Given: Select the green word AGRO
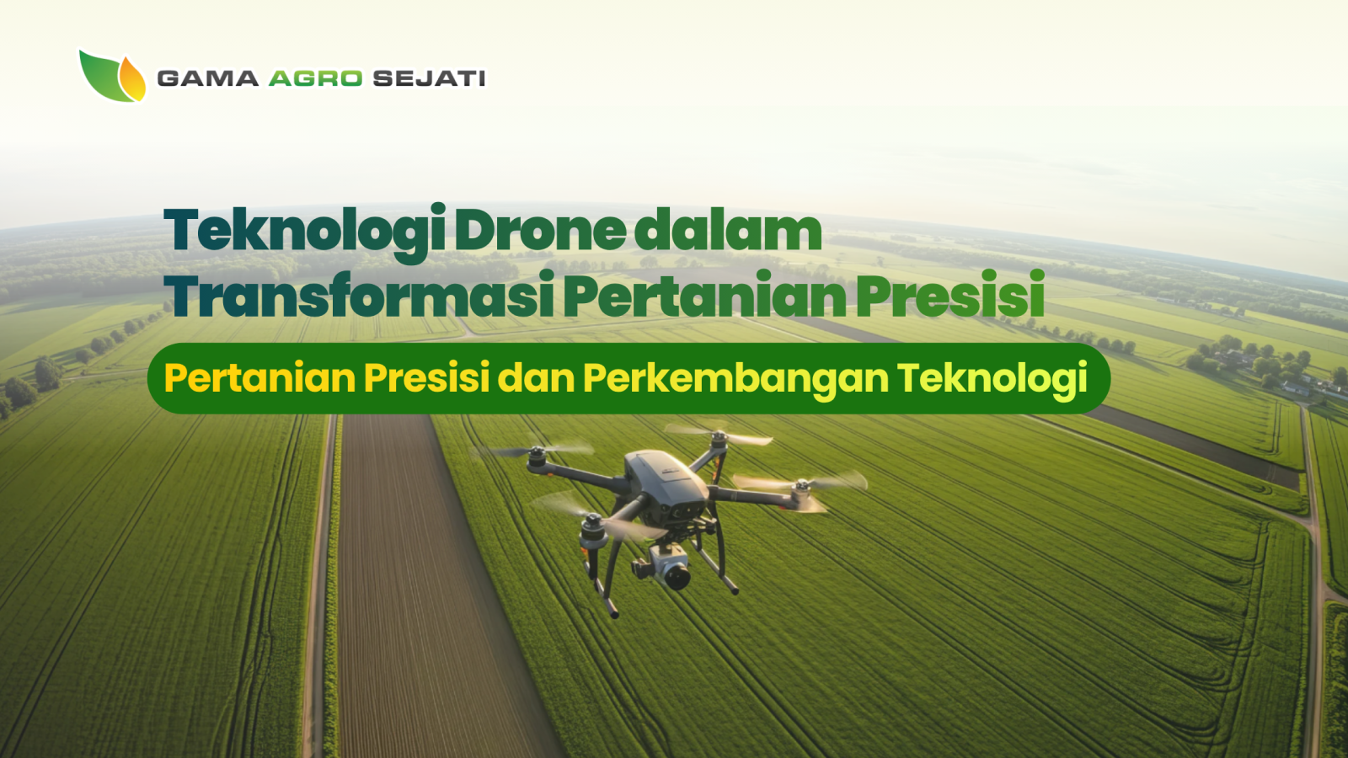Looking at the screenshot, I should (x=315, y=78).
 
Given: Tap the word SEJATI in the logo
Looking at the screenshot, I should (x=429, y=78).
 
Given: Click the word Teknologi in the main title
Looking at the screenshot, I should (x=304, y=231).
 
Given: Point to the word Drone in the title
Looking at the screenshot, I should (x=540, y=231).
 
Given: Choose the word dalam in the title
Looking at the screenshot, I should (x=728, y=231).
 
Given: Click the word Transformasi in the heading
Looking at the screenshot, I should (x=359, y=296).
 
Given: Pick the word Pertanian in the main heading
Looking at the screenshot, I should (x=704, y=296).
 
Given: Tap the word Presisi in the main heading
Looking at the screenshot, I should (x=950, y=296).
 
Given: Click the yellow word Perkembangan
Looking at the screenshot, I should (x=735, y=378).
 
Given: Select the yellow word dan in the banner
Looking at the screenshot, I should (x=536, y=378).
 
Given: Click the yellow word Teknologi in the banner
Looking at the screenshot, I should (x=992, y=378).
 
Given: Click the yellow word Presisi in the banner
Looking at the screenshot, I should (x=426, y=378).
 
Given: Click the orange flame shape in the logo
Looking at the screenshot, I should (x=131, y=79).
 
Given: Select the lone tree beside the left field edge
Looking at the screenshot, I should (x=46, y=372).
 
